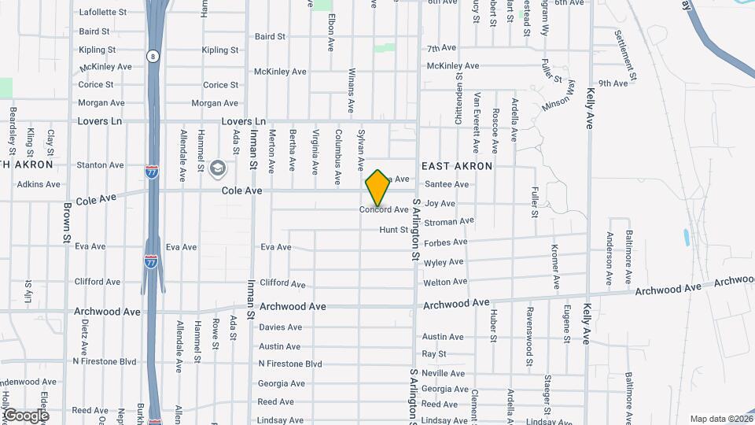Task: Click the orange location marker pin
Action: point(378,188)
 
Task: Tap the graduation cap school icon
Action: point(217,168)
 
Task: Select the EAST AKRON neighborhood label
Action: point(457,166)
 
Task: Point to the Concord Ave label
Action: point(384,210)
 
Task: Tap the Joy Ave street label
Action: point(440,204)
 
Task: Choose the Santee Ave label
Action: point(447,185)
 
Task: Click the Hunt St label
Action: point(394,230)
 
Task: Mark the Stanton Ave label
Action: point(100,165)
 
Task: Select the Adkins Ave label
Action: point(39,185)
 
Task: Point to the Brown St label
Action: point(67,222)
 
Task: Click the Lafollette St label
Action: point(103,13)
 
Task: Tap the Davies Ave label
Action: point(281,327)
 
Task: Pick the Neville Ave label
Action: point(444,373)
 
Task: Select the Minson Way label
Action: point(559,97)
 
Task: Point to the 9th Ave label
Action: point(613,83)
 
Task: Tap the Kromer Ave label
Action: point(555,267)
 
